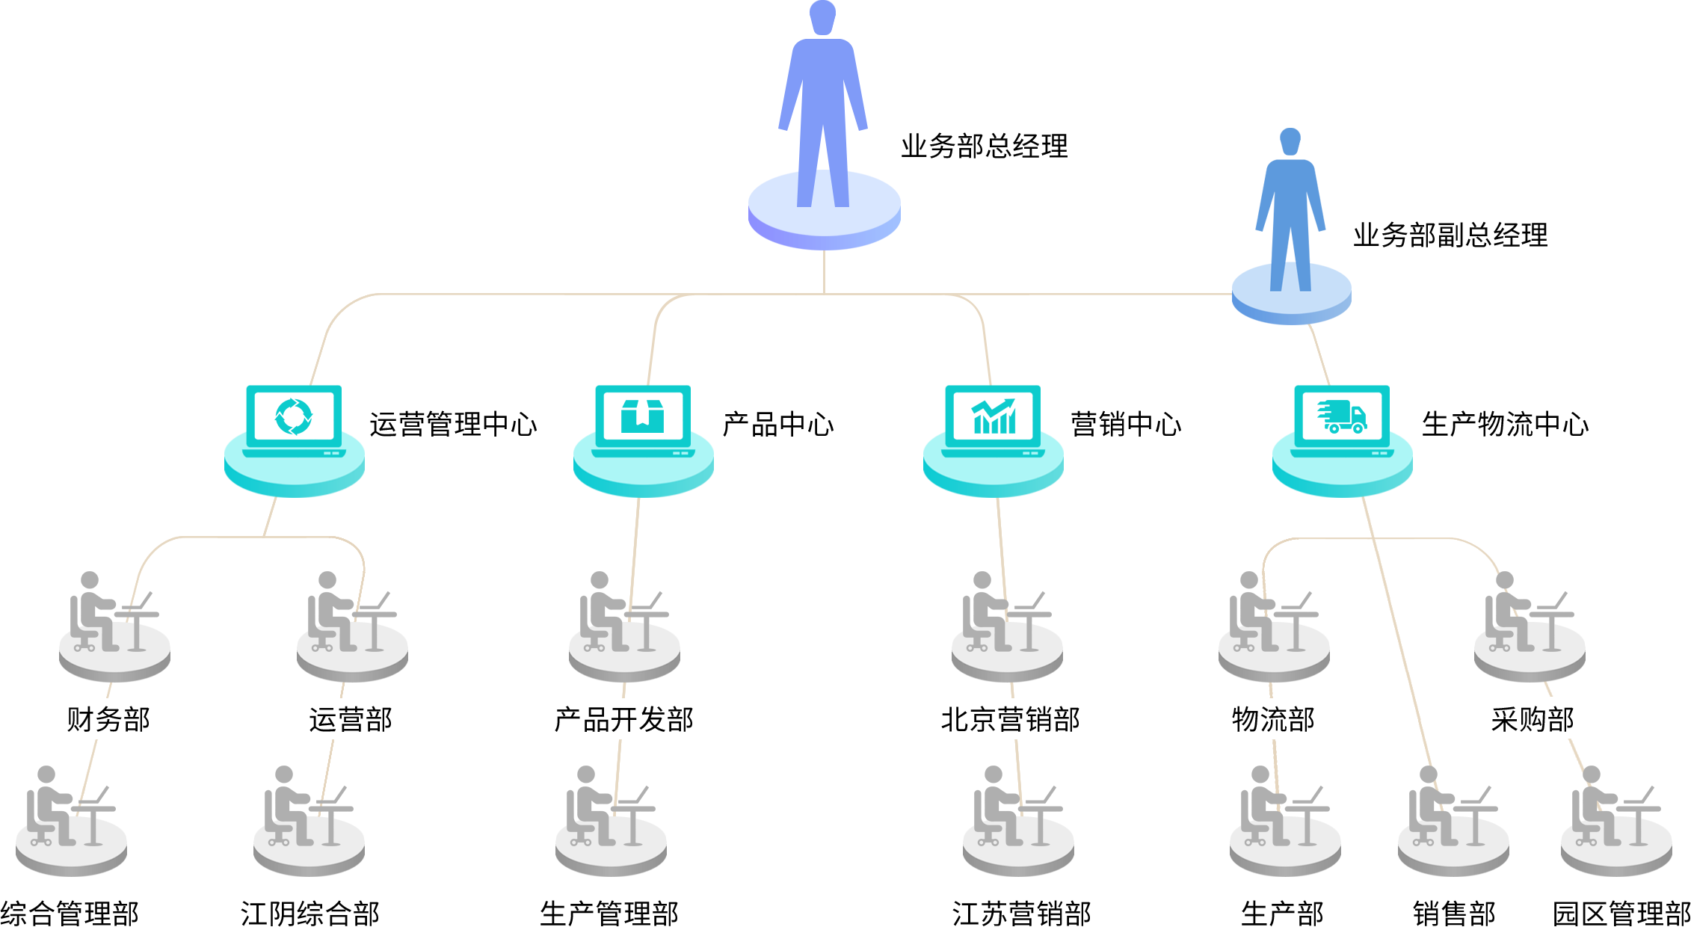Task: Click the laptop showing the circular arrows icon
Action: [294, 419]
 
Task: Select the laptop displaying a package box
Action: [642, 419]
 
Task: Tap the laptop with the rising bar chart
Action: [993, 419]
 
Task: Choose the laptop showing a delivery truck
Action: [1343, 419]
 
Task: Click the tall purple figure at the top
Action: [823, 105]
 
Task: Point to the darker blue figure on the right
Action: [1291, 187]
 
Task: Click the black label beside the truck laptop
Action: [1505, 423]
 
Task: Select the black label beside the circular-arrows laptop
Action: [453, 423]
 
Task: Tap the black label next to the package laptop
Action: [777, 423]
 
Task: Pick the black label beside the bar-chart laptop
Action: [1126, 423]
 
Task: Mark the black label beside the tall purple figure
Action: [984, 145]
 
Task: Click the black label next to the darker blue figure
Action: [1450, 234]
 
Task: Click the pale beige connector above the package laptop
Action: [670, 340]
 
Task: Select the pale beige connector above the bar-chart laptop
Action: [968, 340]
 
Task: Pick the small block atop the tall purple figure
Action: [823, 17]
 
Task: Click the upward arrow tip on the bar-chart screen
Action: [1011, 402]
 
